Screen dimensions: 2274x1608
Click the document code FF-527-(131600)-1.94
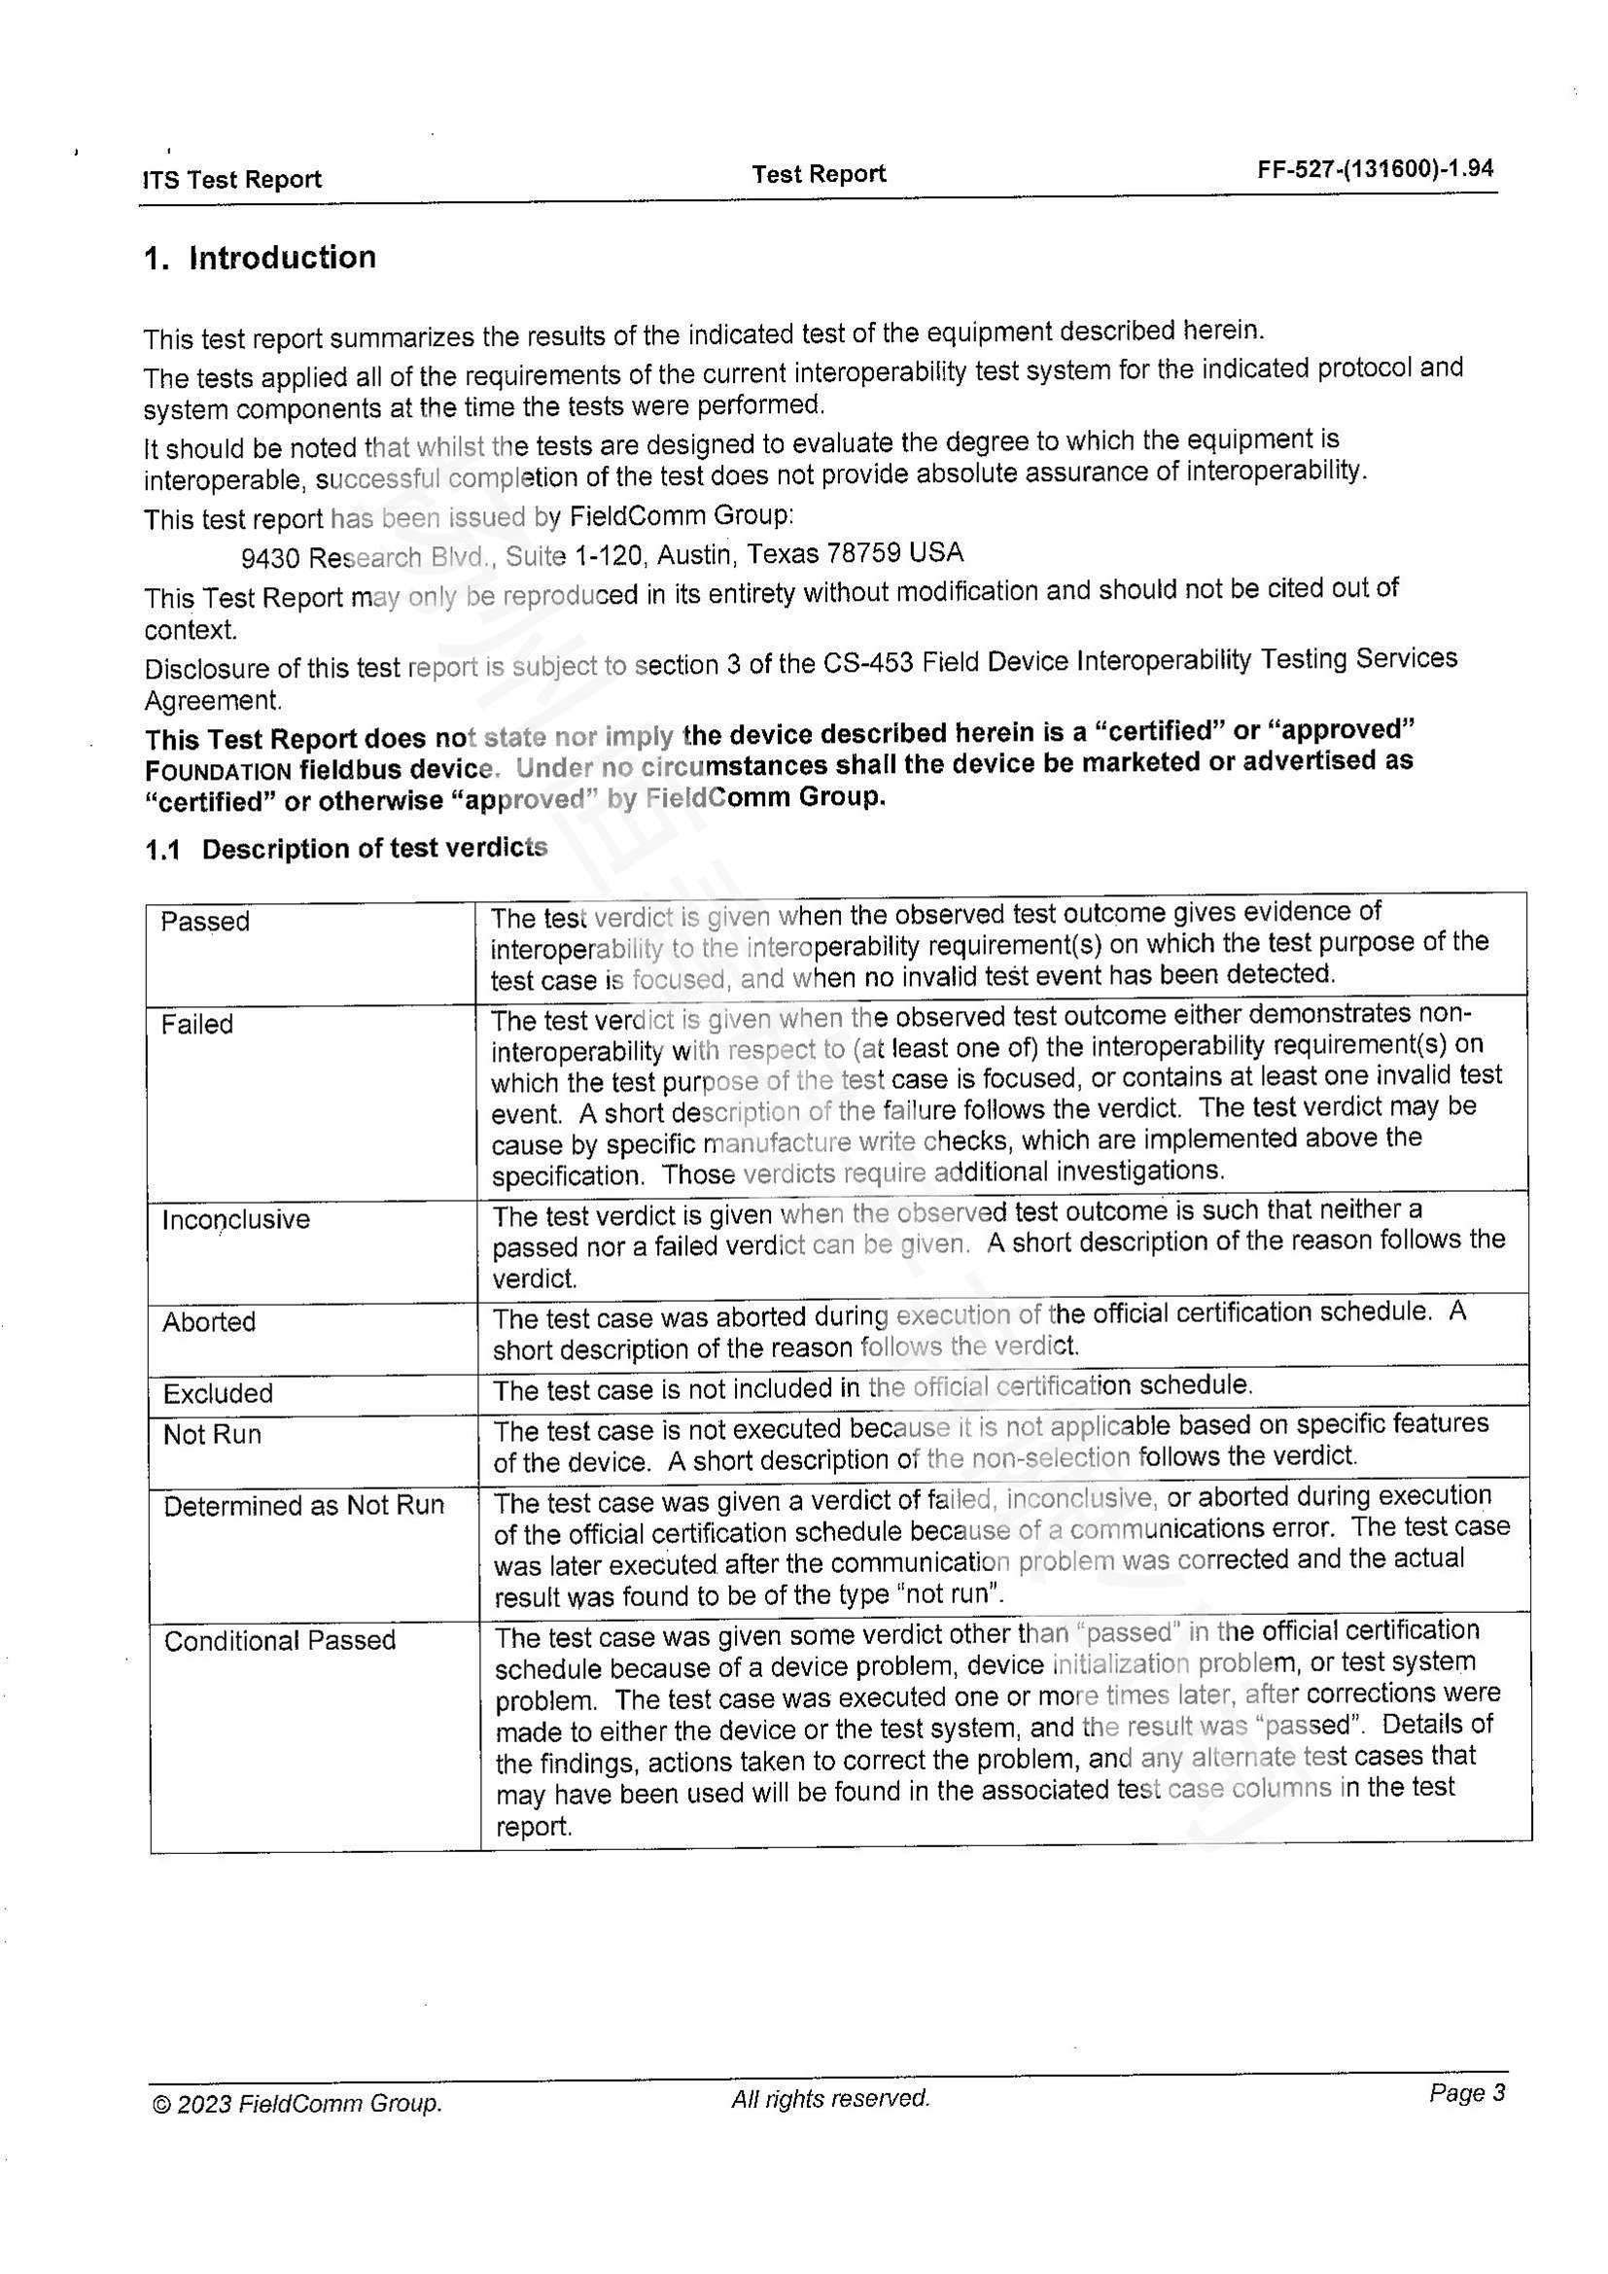(1375, 169)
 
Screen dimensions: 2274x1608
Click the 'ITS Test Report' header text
(232, 179)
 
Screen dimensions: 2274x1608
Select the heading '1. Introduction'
(260, 258)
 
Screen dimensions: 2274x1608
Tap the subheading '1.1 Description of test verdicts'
(345, 849)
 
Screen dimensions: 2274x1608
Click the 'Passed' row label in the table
(205, 922)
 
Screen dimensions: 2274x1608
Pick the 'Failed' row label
(197, 1024)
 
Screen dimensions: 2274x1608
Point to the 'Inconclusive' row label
(235, 1219)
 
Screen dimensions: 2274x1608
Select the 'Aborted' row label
(209, 1322)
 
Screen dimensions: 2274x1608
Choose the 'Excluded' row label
(218, 1393)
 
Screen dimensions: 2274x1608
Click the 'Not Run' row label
(212, 1435)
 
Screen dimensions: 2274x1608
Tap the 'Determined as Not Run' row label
(304, 1506)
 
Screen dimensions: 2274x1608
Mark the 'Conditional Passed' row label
(279, 1641)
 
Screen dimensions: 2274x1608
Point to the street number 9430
(270, 559)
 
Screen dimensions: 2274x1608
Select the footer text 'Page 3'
(1466, 2093)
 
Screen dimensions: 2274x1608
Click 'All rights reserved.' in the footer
(830, 2098)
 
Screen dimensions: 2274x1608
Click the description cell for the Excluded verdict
(872, 1387)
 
